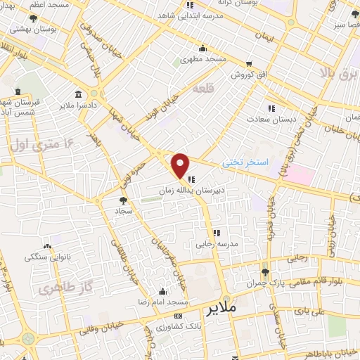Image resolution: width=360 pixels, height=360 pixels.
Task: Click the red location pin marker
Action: point(181,165)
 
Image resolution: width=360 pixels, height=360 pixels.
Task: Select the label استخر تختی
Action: point(245,162)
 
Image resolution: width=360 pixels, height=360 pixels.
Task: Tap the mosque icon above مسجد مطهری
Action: point(202,48)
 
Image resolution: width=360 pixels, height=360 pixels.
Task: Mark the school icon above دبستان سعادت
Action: point(271,108)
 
